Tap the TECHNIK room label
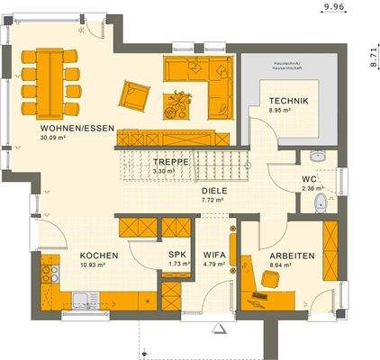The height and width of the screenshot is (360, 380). point(288,101)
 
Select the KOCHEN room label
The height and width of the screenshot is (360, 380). point(95,256)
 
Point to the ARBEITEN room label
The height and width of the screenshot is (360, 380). point(292,256)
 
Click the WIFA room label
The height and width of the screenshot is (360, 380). point(213,256)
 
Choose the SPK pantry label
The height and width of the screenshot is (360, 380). point(177,256)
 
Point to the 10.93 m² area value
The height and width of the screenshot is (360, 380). point(94,265)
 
